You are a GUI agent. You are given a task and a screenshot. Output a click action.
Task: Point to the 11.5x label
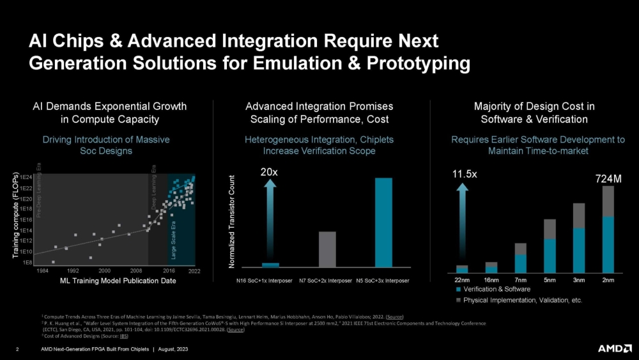click(x=465, y=173)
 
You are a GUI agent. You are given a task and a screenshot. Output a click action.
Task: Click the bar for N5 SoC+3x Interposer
click(x=383, y=222)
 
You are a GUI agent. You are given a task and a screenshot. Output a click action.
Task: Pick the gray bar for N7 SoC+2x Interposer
click(x=327, y=249)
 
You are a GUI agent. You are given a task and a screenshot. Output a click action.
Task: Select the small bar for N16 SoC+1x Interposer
click(x=270, y=265)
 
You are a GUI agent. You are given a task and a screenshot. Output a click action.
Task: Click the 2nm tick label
click(x=608, y=280)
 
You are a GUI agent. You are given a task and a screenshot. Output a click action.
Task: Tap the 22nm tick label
click(x=462, y=280)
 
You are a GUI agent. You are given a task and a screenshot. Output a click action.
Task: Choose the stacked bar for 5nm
click(x=550, y=246)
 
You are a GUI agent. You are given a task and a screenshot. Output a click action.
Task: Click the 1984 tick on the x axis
click(x=42, y=271)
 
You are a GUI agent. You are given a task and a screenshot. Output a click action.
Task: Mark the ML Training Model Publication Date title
click(x=118, y=281)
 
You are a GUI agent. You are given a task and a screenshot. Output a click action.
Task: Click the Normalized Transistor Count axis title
click(x=232, y=221)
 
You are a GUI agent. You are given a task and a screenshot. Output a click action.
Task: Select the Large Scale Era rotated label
click(x=173, y=240)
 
